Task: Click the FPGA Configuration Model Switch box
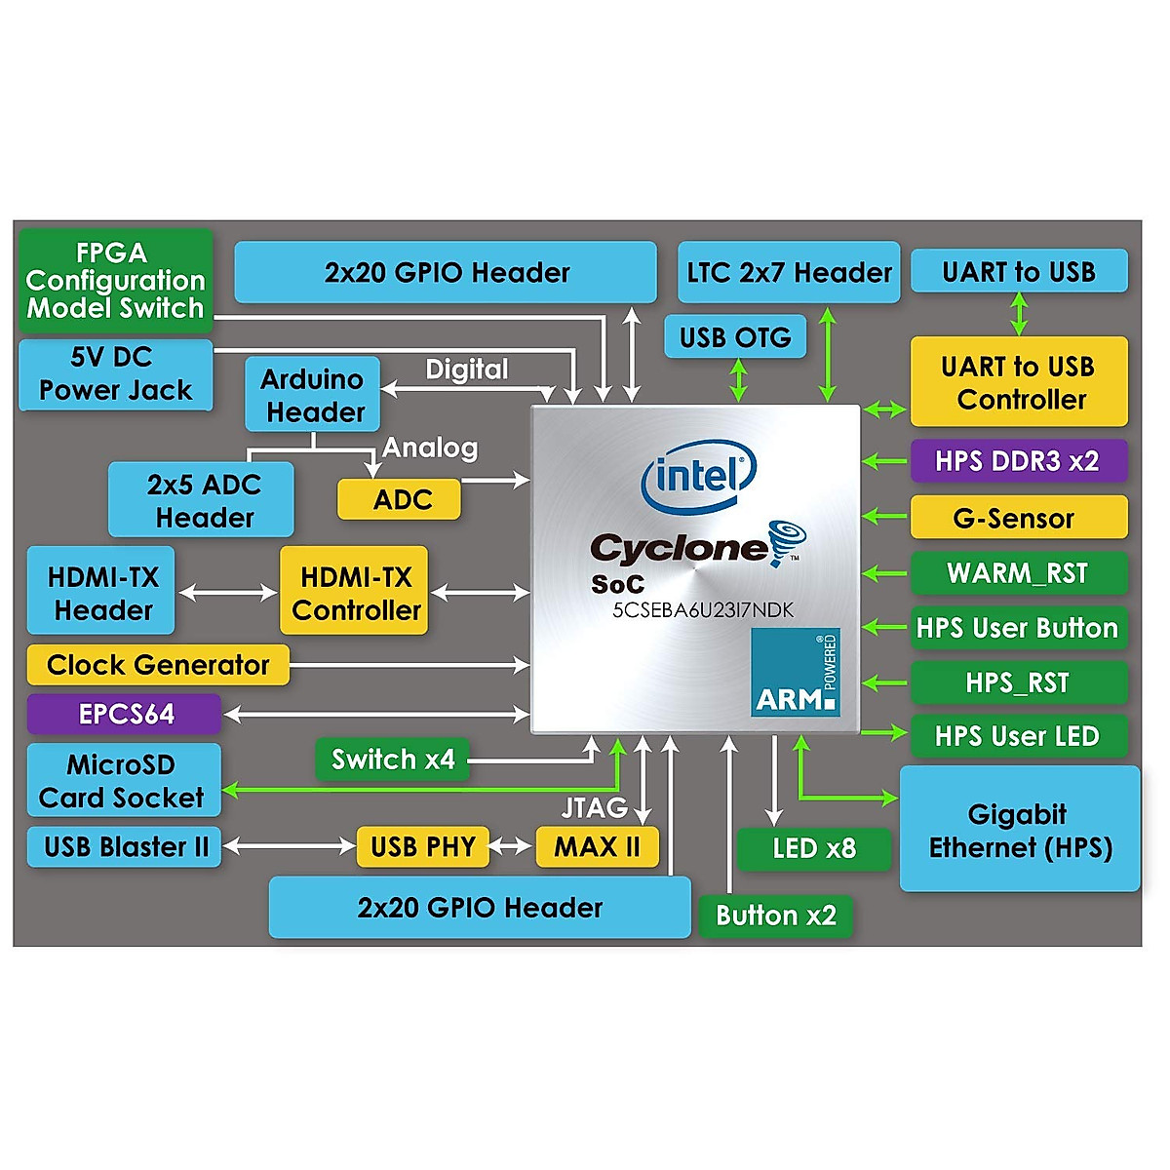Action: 115,281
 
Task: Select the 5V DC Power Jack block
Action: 115,374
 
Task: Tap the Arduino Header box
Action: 312,395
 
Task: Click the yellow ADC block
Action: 399,499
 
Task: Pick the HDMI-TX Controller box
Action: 355,593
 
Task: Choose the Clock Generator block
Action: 158,665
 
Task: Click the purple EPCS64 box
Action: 125,714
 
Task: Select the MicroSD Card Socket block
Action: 124,781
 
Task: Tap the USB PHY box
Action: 422,846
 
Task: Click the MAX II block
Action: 597,846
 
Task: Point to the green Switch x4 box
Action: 392,760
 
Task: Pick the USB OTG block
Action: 735,337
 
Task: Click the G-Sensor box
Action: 1018,518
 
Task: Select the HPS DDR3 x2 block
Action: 1018,461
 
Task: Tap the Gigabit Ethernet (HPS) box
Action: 1020,830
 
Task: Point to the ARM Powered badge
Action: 796,673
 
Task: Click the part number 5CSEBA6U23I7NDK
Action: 703,610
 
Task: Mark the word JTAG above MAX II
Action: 594,808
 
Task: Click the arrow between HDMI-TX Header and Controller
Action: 228,592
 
